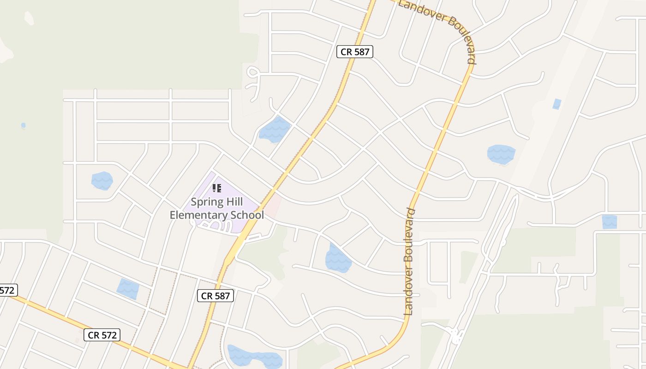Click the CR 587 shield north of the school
click(x=354, y=52)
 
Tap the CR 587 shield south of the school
click(x=215, y=296)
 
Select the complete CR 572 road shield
click(x=102, y=335)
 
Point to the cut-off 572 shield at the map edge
click(x=8, y=290)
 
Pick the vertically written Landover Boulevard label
click(x=409, y=262)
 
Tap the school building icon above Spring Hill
click(x=217, y=188)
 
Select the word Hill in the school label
click(x=235, y=202)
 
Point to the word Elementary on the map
click(x=198, y=215)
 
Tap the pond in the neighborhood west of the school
click(x=102, y=180)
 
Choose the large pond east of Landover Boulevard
click(x=501, y=154)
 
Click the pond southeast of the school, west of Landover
click(x=338, y=259)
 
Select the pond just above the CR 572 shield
click(x=128, y=288)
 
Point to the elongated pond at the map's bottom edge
click(x=255, y=356)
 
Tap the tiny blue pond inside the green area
click(x=23, y=125)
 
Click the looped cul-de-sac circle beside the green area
click(x=253, y=72)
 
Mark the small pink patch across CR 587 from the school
click(x=273, y=205)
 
